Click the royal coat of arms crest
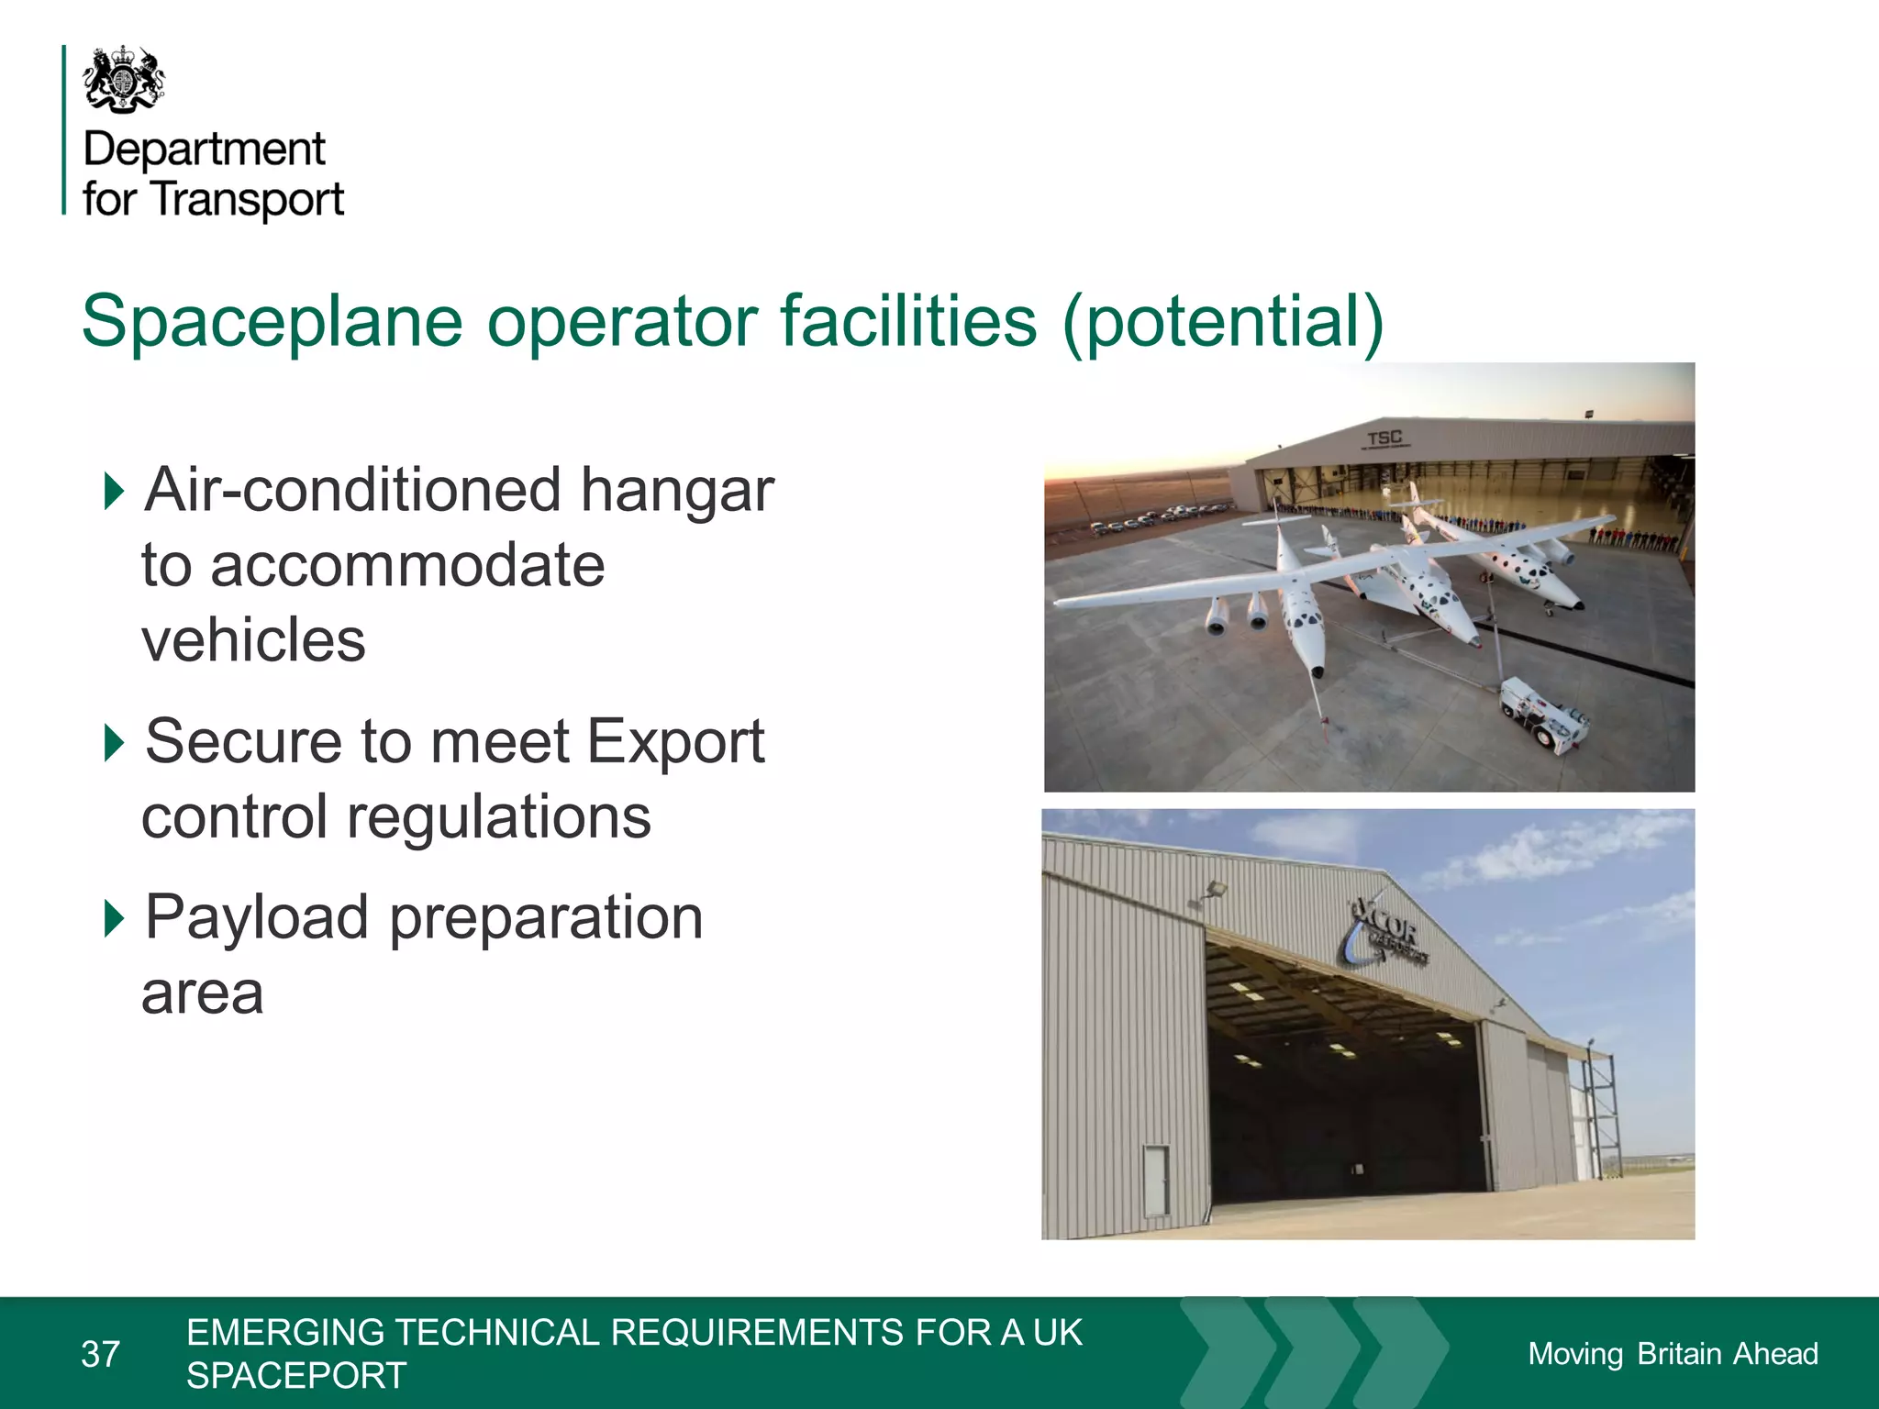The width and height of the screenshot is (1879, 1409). (x=124, y=80)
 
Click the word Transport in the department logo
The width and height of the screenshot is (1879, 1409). (x=248, y=200)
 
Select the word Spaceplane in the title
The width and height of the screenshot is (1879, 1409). (x=272, y=322)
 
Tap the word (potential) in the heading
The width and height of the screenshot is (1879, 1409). (x=1222, y=322)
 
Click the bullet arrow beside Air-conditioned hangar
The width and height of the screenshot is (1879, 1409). (x=114, y=491)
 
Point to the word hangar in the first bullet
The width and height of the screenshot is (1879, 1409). (x=677, y=491)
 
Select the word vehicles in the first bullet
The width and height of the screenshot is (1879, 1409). (x=253, y=639)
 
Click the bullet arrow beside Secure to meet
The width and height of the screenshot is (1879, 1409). (x=114, y=742)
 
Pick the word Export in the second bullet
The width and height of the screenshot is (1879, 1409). (x=674, y=742)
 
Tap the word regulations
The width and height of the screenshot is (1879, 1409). (x=498, y=817)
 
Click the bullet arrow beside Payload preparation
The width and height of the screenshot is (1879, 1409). (x=114, y=918)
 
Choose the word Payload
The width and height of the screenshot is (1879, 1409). (x=257, y=918)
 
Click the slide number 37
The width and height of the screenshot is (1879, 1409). (x=100, y=1354)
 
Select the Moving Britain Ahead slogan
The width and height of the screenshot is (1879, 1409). (x=1672, y=1354)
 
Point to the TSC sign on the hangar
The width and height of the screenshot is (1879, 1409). (x=1384, y=438)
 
